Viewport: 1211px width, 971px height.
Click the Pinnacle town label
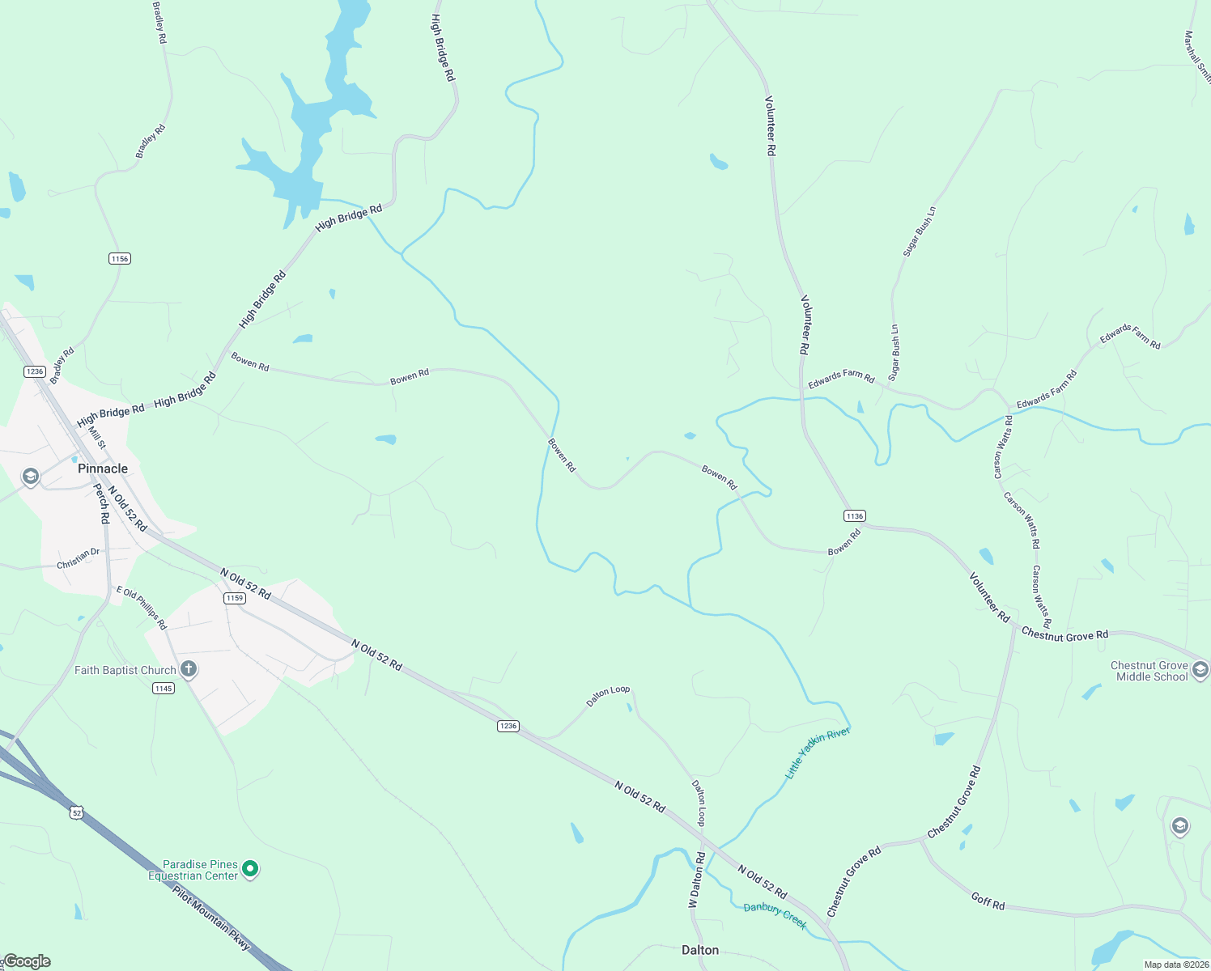103,469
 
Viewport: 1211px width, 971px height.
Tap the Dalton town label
700,950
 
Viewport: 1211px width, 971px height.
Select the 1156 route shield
120,259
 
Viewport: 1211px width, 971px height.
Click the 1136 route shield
855,516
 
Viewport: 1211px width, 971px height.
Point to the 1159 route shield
235,598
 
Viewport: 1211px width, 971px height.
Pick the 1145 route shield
164,689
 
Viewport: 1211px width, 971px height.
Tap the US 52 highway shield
77,812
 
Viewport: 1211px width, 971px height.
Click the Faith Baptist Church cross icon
189,669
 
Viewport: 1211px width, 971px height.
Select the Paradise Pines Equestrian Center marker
251,869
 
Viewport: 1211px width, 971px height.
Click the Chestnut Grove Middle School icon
1200,670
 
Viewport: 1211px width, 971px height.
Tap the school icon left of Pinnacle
31,477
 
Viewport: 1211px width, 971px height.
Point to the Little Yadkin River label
818,753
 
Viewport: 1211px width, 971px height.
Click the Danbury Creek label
775,916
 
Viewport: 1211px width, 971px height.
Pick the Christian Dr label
79,558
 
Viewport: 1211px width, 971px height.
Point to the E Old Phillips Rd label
142,608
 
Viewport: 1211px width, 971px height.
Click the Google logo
27,961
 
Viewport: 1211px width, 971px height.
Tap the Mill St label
97,438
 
